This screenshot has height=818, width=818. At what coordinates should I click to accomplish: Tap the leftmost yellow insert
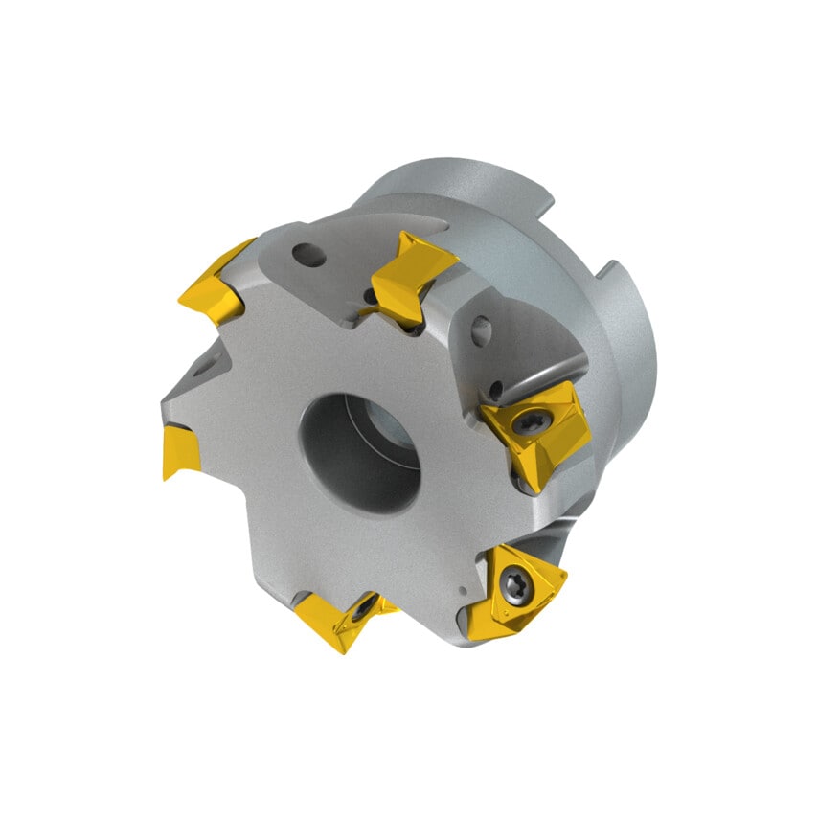pyautogui.click(x=181, y=451)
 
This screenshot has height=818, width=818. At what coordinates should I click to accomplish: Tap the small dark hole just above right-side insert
pyautogui.click(x=495, y=389)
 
